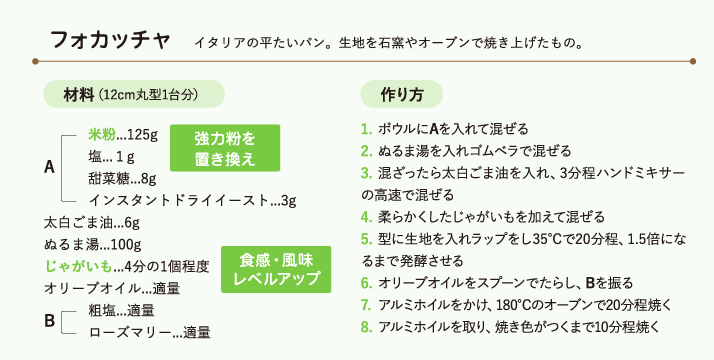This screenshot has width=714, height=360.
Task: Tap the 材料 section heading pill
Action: coord(132,95)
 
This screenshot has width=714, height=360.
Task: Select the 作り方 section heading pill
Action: coord(402,95)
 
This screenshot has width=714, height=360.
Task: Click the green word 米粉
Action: coord(102,134)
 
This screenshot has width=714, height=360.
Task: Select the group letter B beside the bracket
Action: coord(49,320)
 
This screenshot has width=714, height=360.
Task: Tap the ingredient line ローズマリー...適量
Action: coord(149,331)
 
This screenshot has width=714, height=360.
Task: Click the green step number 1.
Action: coord(367,129)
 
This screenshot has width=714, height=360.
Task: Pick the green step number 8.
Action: coord(367,326)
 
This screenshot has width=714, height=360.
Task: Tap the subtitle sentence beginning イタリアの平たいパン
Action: coord(389,43)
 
